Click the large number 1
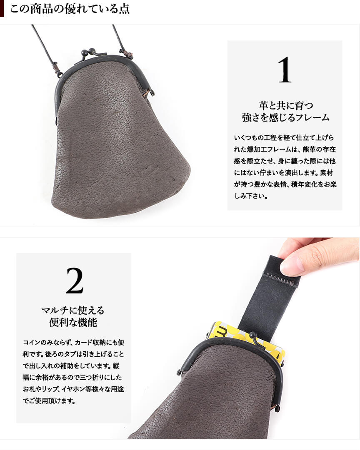point(285,70)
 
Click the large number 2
point(75,281)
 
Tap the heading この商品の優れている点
point(70,9)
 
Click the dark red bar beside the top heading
point(2,9)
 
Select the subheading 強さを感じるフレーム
point(285,117)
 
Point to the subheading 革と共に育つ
point(286,105)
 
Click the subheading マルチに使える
point(73,310)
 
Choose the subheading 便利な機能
point(73,322)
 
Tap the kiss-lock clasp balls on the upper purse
point(88,52)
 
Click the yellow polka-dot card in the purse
point(247,339)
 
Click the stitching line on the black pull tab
point(281,279)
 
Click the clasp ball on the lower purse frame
point(252,335)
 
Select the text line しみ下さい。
point(251,196)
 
